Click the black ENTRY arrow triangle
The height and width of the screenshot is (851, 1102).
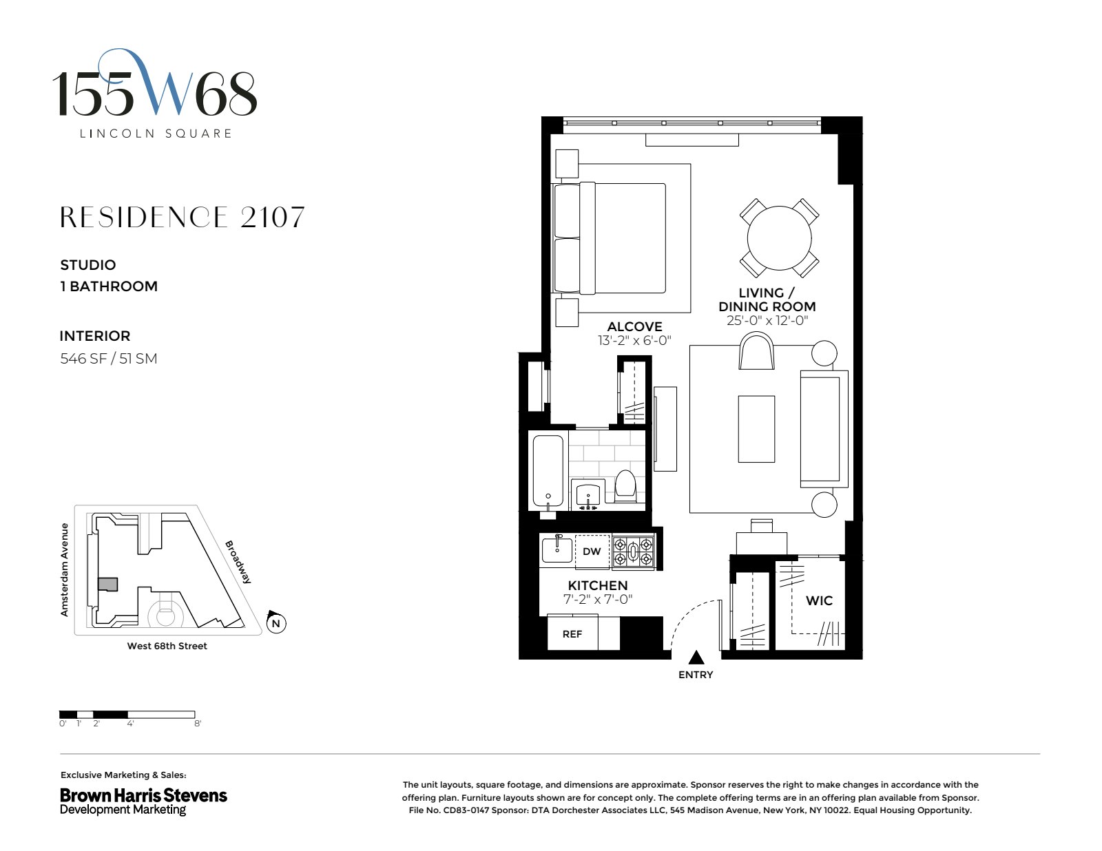pos(696,658)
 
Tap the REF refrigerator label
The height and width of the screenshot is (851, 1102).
pos(572,634)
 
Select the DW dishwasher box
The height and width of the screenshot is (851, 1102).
pos(592,551)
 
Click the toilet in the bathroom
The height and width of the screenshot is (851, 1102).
pos(625,486)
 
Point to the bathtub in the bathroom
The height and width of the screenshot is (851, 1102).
pos(548,472)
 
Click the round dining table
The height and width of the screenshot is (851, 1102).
pos(779,238)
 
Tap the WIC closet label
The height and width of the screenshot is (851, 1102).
pos(819,600)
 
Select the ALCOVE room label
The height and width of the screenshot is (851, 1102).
pos(634,326)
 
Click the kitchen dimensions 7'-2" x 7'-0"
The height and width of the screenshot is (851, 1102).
pos(598,600)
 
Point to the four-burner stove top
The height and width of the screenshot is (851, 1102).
pos(633,551)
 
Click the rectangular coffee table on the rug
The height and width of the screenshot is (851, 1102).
pos(756,429)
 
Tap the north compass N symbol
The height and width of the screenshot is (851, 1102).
pos(276,624)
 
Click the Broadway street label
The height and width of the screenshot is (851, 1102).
pos(238,562)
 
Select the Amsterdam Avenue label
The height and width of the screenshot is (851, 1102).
pos(65,569)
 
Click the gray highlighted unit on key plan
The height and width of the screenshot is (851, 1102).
pos(107,585)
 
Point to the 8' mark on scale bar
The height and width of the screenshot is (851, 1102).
pos(198,724)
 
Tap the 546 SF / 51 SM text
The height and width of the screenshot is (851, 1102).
pos(109,359)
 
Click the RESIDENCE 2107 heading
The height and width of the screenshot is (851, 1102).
pos(183,218)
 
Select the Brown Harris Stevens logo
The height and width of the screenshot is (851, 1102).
pos(143,801)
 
